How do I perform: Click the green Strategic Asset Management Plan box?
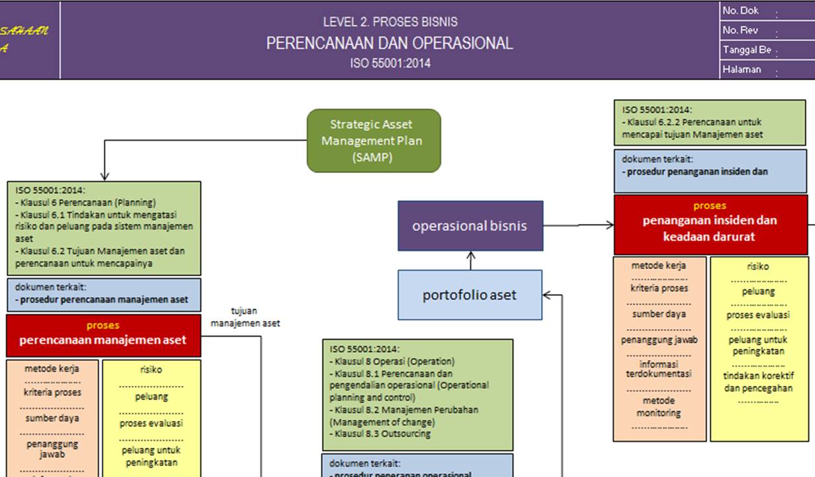tap(374, 141)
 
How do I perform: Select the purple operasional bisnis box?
tap(470, 226)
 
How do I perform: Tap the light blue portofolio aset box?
tap(470, 295)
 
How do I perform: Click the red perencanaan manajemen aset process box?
tap(103, 335)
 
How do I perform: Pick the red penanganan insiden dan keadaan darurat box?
tap(710, 225)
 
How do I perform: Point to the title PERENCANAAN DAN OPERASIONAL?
tap(390, 44)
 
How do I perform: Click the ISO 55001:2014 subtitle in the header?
tap(390, 64)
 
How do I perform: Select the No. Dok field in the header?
tap(741, 11)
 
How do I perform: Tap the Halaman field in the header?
tap(742, 69)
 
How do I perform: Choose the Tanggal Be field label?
tap(747, 50)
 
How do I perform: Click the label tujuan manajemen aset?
tap(245, 317)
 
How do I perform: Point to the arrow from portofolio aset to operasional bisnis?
tap(470, 260)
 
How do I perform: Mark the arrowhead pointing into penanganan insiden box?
tap(609, 225)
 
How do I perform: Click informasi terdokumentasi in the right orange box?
tap(658, 369)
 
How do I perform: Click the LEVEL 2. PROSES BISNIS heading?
tap(390, 22)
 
